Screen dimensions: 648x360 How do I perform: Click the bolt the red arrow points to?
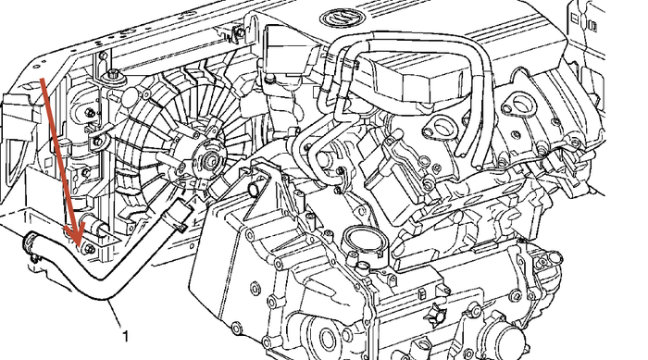tap(90, 249)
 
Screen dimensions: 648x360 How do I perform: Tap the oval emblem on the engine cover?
tap(342, 19)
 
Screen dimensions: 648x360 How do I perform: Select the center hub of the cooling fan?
tap(212, 158)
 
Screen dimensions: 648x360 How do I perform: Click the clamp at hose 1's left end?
tap(29, 242)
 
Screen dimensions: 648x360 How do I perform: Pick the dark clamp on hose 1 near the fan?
tap(177, 215)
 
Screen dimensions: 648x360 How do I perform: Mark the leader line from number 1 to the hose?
tap(116, 315)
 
